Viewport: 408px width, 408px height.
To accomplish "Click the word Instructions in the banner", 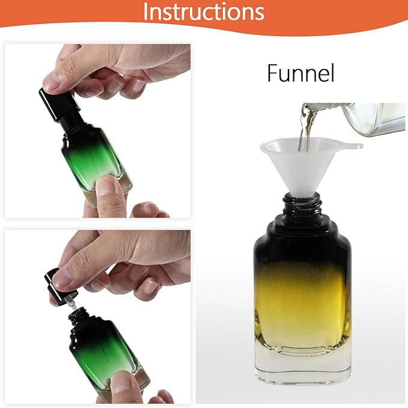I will [204, 12].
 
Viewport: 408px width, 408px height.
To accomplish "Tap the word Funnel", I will [300, 74].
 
